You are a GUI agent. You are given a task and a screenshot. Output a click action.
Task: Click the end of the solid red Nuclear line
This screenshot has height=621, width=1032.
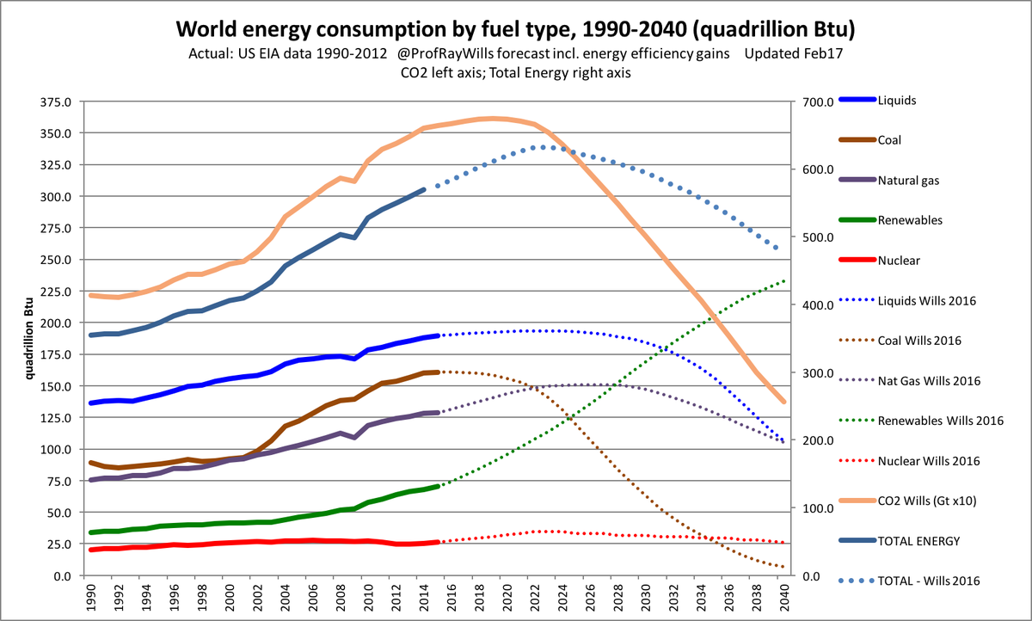point(438,542)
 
